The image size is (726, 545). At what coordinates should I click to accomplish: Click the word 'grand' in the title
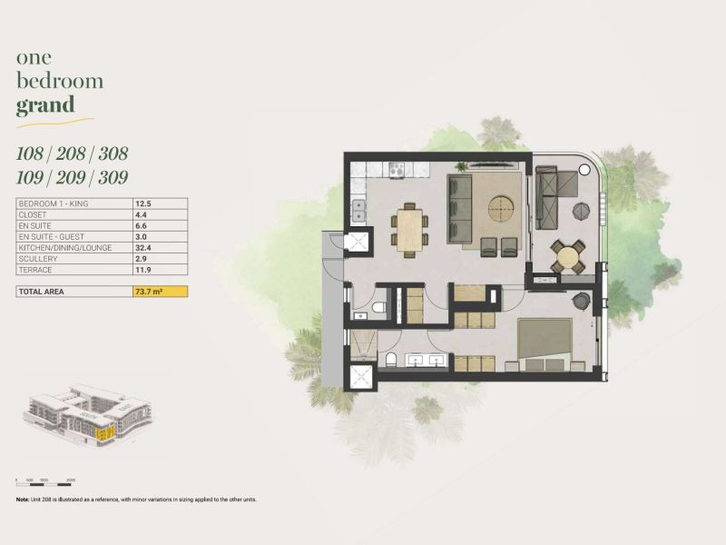44,105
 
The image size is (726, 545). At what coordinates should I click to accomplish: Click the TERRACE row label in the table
35,270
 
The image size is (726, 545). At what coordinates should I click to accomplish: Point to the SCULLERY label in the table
39,259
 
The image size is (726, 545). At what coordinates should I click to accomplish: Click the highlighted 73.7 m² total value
160,292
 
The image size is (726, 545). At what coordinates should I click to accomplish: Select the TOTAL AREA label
44,292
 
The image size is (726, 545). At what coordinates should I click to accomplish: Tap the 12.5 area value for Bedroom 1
142,203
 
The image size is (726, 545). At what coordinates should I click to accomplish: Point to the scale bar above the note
45,478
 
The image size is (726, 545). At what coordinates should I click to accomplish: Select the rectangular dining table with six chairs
409,227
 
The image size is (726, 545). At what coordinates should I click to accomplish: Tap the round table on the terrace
567,256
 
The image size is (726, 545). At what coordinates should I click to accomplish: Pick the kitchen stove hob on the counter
397,169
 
